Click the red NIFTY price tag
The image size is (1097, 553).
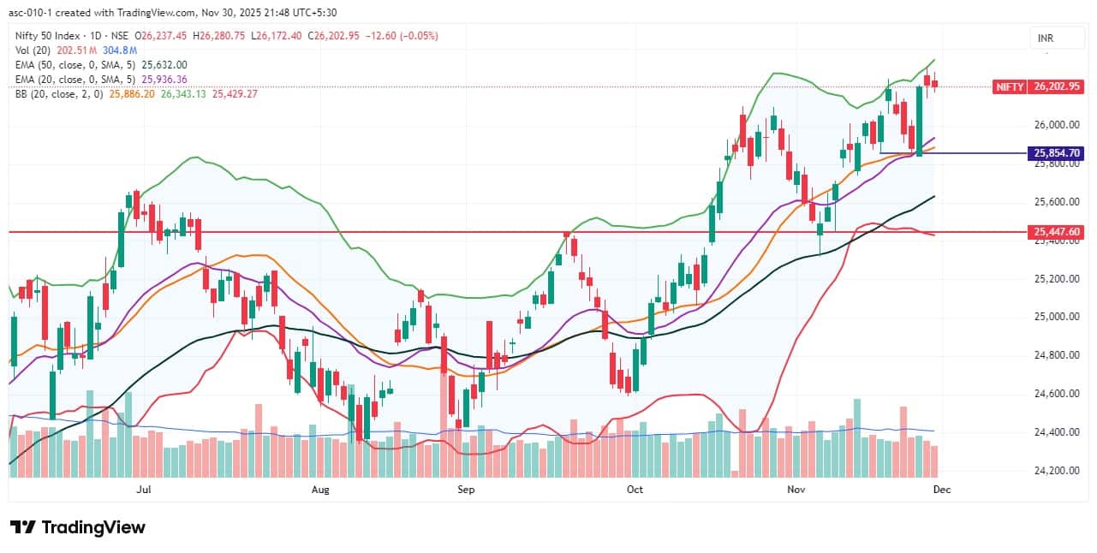1008,86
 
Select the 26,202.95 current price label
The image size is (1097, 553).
1058,86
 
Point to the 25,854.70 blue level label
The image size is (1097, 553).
1058,153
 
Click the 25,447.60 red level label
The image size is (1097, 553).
1058,232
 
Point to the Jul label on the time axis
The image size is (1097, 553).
143,490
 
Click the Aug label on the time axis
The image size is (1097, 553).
319,490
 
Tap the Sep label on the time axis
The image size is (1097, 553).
466,490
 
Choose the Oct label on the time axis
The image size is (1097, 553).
635,490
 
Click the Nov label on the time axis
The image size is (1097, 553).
796,490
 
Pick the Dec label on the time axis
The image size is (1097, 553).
941,490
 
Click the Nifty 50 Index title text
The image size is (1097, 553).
50,35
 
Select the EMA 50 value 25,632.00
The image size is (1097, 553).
164,64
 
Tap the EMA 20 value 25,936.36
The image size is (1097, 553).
164,79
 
